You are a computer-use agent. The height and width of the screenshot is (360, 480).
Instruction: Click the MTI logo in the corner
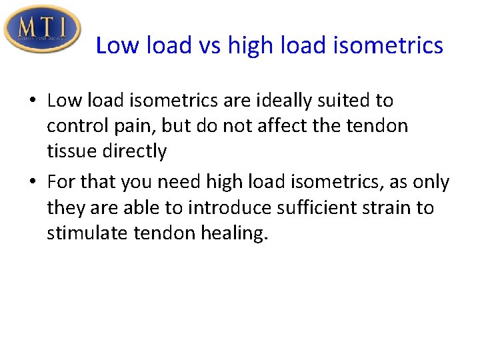[x=42, y=28]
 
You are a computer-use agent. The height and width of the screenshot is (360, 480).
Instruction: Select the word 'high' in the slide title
[x=249, y=45]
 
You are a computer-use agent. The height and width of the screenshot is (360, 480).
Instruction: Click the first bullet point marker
[x=32, y=101]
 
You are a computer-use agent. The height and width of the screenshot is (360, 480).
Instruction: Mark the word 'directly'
[x=135, y=151]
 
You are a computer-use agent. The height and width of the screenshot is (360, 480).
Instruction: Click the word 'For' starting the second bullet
[x=61, y=182]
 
